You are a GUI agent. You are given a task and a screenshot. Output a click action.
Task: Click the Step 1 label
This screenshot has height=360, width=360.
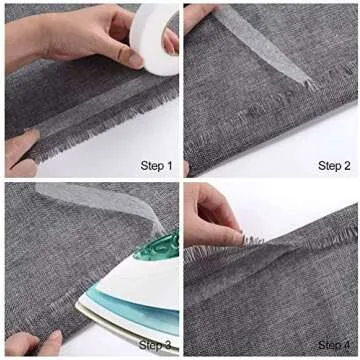[x=156, y=165]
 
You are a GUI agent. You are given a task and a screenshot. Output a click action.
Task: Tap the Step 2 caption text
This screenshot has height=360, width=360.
[x=334, y=165]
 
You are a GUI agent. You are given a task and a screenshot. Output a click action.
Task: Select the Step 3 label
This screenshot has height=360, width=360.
[x=155, y=345]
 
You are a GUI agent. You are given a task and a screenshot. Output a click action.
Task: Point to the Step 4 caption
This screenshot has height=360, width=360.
[x=334, y=345]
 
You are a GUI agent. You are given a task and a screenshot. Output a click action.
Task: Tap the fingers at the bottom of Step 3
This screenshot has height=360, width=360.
[x=33, y=343]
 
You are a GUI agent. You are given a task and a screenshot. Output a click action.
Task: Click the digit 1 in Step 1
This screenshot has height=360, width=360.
[x=169, y=165]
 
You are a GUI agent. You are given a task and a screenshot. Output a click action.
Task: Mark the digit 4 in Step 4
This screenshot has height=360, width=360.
[x=346, y=345]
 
